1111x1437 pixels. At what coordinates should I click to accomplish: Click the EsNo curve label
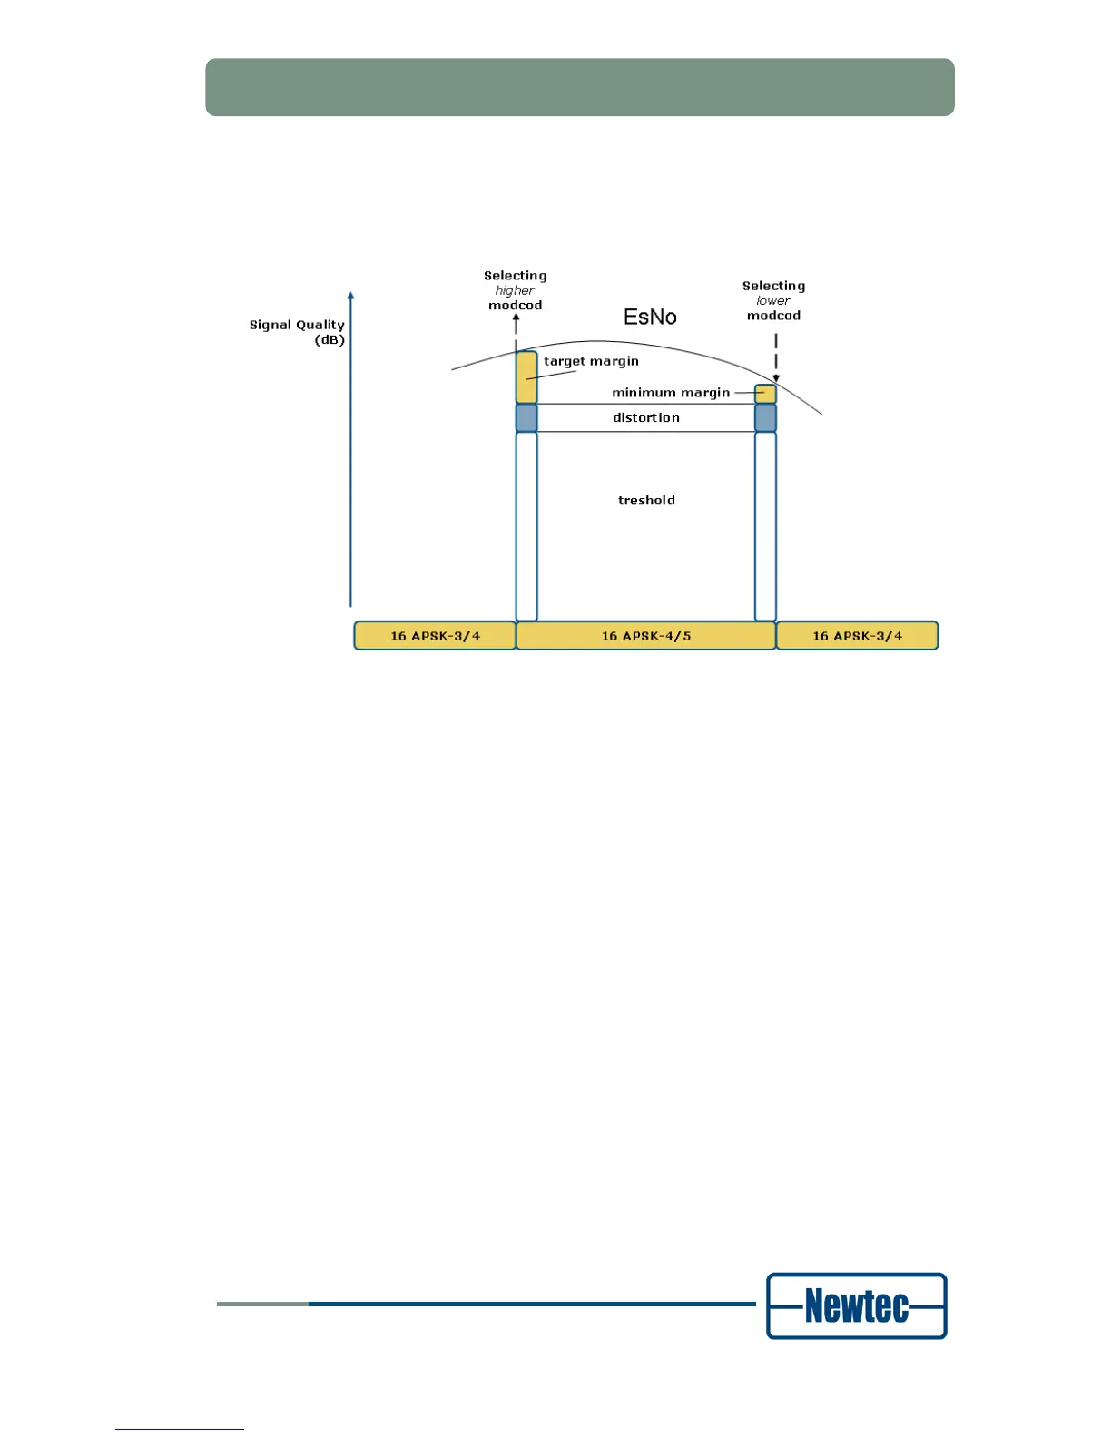pos(650,317)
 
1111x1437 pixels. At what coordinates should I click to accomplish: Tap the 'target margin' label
pos(591,361)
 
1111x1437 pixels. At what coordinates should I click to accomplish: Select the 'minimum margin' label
pos(671,393)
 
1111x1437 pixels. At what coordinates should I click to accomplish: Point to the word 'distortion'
pos(646,417)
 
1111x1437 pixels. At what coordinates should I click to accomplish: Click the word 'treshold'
pos(646,500)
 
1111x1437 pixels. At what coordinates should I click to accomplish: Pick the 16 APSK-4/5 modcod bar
pos(645,636)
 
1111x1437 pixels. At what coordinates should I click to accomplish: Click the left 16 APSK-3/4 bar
pos(435,636)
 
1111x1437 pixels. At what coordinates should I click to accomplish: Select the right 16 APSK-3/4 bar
pos(857,636)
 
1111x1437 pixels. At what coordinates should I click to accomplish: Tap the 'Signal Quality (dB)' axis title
pos(298,332)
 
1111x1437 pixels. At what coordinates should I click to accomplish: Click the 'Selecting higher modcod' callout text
pos(515,290)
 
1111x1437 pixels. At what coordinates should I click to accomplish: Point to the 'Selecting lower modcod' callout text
pos(773,300)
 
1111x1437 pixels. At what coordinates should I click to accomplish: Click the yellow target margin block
pos(526,377)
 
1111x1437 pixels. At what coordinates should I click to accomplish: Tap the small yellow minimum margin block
pos(766,394)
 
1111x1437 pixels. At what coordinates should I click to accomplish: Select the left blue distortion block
pos(526,418)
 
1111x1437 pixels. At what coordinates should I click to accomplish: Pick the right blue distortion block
pos(766,418)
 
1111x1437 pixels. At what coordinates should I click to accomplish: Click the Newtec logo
pos(856,1306)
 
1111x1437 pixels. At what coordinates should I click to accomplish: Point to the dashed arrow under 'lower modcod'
pos(776,356)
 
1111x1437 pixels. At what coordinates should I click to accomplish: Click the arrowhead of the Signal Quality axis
pos(350,296)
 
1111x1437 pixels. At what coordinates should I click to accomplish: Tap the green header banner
pos(579,87)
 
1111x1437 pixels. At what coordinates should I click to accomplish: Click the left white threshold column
pos(526,526)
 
